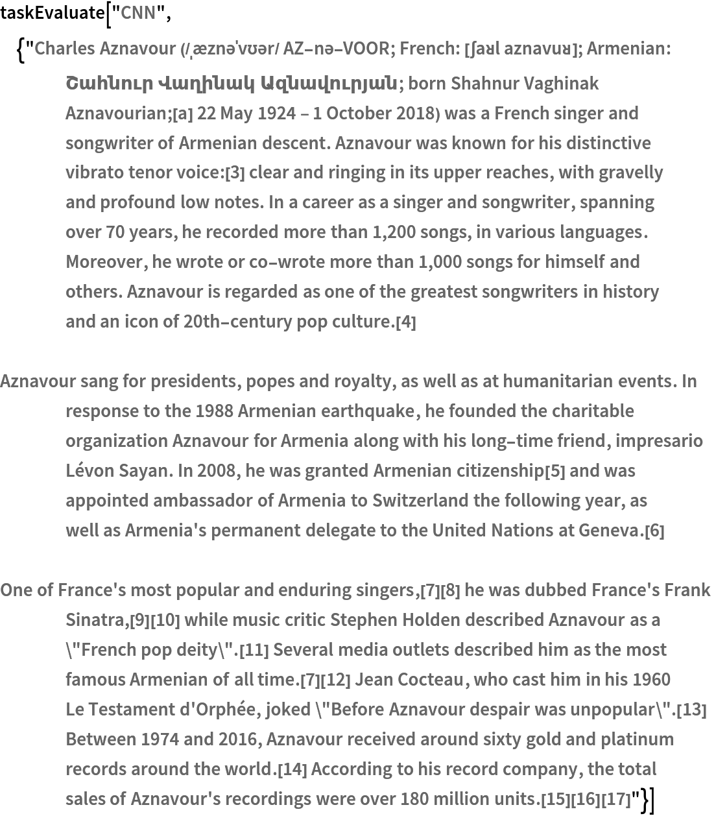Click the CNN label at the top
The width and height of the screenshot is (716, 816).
pos(138,13)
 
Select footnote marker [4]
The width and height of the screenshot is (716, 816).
pos(406,322)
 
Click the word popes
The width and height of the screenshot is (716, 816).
pos(302,381)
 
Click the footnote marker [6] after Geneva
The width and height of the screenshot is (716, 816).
pos(654,531)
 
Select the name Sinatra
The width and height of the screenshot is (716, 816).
pos(96,620)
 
